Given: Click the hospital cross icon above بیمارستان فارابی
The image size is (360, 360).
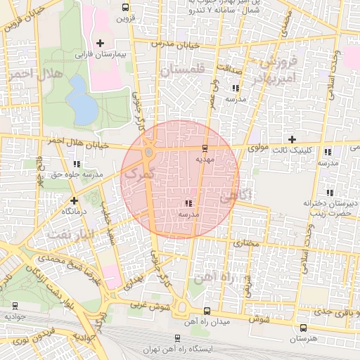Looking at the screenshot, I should (100, 44).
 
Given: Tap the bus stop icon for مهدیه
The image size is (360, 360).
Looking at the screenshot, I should (205, 148).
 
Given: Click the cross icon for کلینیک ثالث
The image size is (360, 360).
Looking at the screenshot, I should (292, 139).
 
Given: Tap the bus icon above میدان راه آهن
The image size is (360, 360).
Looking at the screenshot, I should (206, 310).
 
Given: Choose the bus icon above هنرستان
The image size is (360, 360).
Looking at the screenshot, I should (303, 328).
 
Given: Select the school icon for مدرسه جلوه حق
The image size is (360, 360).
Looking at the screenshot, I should (76, 164).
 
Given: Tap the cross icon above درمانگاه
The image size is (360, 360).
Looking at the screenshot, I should (73, 200).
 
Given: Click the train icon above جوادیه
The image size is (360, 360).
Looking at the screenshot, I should (15, 305).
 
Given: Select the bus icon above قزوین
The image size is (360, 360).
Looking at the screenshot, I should (125, 8).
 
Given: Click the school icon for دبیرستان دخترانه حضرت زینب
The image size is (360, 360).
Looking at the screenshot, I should (329, 193).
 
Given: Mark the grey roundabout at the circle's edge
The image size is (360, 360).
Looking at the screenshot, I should (149, 152).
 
